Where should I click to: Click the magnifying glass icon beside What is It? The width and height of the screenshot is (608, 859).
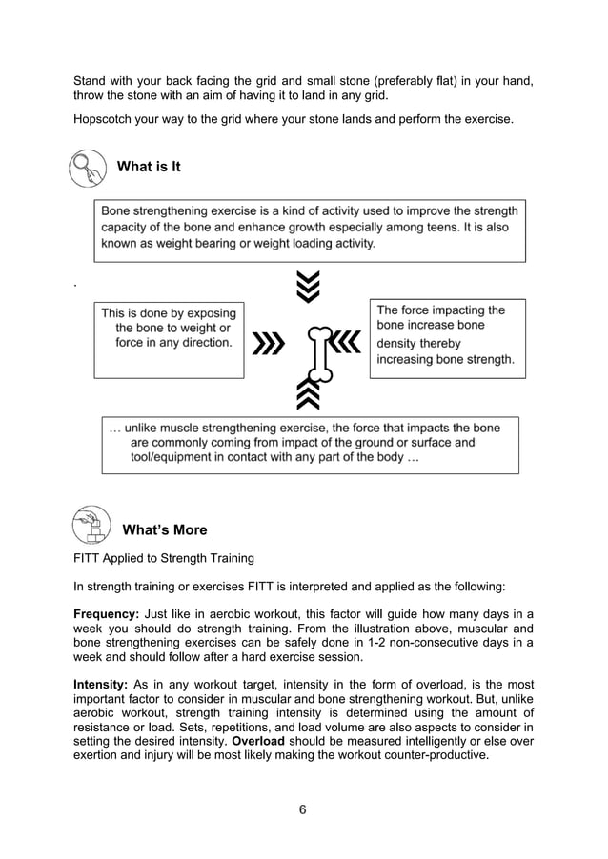pos(88,169)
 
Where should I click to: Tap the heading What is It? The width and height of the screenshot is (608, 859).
pos(149,167)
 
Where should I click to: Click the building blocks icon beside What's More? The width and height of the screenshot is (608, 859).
pos(91,525)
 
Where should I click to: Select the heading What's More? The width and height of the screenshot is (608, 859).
pos(165,529)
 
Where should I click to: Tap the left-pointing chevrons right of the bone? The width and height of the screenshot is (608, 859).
pos(347,341)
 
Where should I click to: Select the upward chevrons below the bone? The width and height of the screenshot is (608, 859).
pos(308,392)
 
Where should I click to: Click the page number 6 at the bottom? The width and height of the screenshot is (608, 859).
pos(303,809)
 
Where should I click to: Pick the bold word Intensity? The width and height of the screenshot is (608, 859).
pos(101,684)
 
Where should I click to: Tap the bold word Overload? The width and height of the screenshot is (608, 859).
pos(261,741)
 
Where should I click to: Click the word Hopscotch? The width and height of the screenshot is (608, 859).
pos(108,120)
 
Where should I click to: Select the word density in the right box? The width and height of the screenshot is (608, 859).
pos(399,343)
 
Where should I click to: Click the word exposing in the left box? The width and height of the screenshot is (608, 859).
pos(208,312)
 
